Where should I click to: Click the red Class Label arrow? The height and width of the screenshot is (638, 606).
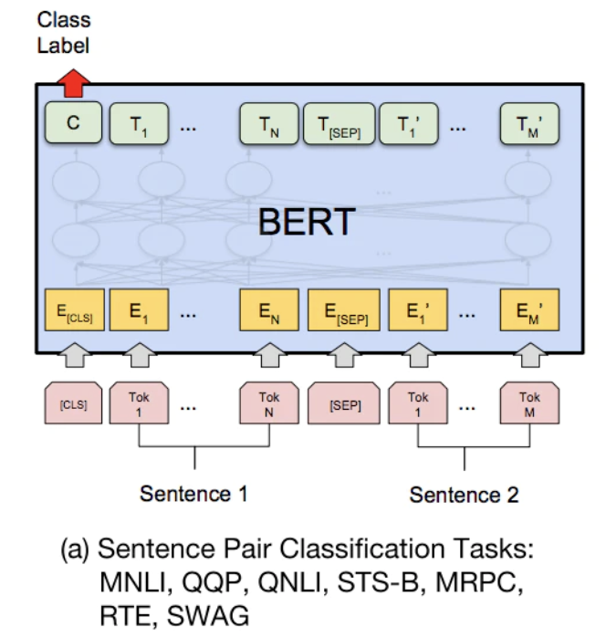point(71,83)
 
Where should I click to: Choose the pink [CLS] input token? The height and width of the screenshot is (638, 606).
point(71,404)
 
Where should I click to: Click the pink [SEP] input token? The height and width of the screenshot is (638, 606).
point(344,404)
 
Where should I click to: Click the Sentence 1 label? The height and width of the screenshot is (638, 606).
point(193,494)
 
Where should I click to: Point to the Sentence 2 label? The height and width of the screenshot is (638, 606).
point(464,495)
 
